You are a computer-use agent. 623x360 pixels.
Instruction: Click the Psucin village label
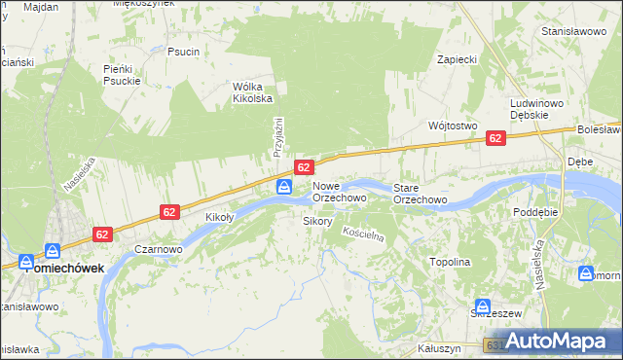pos(183,52)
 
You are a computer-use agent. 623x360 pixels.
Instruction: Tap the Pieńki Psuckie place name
pos(123,74)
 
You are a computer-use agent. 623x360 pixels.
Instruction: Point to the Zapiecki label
pos(457,59)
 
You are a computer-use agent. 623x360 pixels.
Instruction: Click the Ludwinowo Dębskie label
pos(537,108)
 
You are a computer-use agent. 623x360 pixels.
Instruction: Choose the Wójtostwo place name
pos(452,126)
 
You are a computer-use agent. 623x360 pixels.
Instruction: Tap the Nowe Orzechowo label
pos(339,192)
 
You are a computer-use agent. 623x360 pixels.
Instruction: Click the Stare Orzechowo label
pos(420,193)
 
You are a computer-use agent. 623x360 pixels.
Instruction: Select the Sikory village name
pos(318,221)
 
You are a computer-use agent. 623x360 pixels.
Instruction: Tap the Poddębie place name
pos(536,211)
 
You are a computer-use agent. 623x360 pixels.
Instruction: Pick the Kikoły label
pos(220,217)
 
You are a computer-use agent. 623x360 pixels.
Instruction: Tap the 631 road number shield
pos(493,345)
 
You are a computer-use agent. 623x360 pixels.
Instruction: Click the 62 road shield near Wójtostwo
pos(495,139)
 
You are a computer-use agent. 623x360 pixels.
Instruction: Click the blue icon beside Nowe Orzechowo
pos(284,187)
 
